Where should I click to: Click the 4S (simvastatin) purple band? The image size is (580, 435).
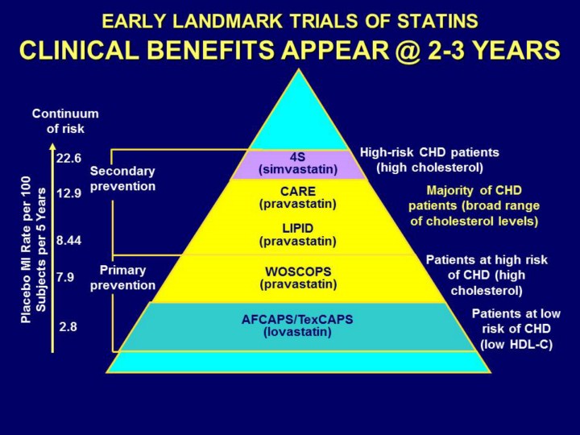pyautogui.click(x=297, y=164)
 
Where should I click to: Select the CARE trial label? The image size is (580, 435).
pyautogui.click(x=297, y=192)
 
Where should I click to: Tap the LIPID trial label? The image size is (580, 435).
pyautogui.click(x=297, y=229)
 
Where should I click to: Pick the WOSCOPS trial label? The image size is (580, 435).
pyautogui.click(x=297, y=271)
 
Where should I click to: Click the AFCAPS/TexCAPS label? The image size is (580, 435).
pyautogui.click(x=297, y=319)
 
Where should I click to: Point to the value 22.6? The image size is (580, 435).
pyautogui.click(x=68, y=158)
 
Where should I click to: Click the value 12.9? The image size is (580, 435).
pyautogui.click(x=68, y=194)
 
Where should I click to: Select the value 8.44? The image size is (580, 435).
pyautogui.click(x=68, y=240)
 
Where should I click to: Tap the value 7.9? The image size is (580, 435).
pyautogui.click(x=65, y=277)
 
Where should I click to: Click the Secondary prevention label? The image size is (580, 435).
pyautogui.click(x=122, y=178)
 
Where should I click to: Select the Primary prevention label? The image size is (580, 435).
pyautogui.click(x=122, y=278)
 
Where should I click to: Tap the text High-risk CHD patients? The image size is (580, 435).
pyautogui.click(x=429, y=152)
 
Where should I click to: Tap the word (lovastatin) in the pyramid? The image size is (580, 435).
pyautogui.click(x=297, y=331)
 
